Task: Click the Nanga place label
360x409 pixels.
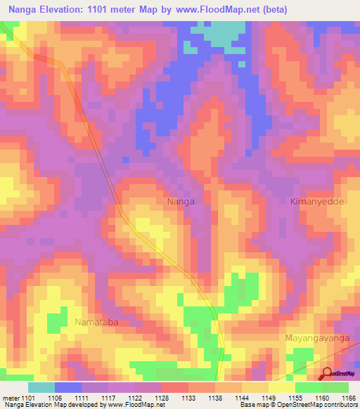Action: (x=181, y=202)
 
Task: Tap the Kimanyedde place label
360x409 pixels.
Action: (x=314, y=202)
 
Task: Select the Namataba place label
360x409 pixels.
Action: (x=96, y=322)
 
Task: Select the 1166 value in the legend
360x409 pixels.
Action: (x=348, y=397)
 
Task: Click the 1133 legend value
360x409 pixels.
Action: (x=188, y=397)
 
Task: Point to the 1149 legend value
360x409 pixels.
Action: (x=268, y=397)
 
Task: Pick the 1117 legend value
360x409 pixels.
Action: (x=109, y=397)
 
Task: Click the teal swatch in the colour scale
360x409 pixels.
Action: (x=41, y=387)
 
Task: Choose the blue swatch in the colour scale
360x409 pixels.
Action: (x=68, y=387)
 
